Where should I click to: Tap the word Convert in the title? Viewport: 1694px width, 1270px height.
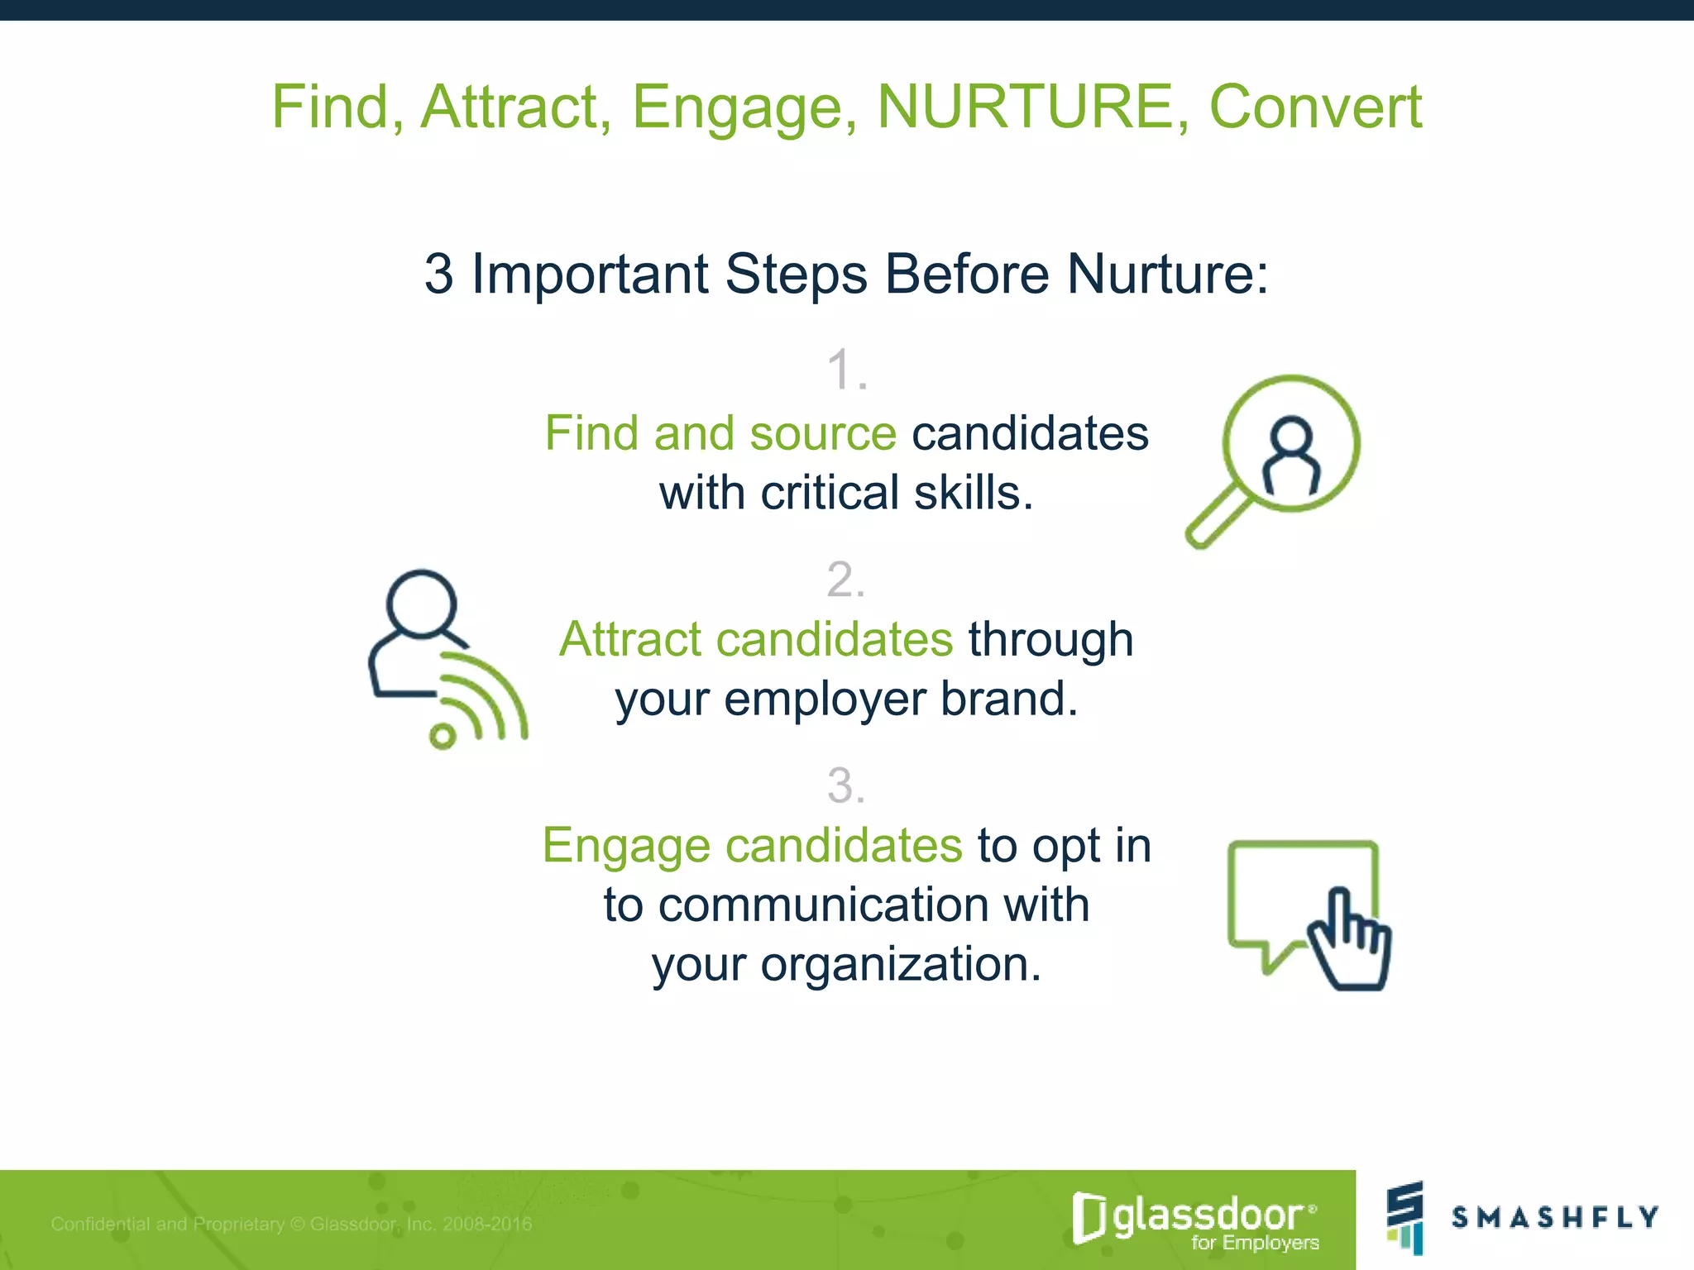click(x=1315, y=107)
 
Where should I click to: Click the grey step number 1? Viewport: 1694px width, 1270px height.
click(x=846, y=370)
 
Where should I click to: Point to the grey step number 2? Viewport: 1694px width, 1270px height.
click(x=846, y=580)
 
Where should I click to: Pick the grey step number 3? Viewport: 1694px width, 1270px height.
click(x=846, y=785)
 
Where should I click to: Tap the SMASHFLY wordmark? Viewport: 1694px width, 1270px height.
click(x=1555, y=1217)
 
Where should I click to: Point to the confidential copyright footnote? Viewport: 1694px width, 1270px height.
click(x=291, y=1224)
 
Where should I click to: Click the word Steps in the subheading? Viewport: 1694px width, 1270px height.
click(x=796, y=275)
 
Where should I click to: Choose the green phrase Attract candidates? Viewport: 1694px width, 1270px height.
click(x=756, y=640)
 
